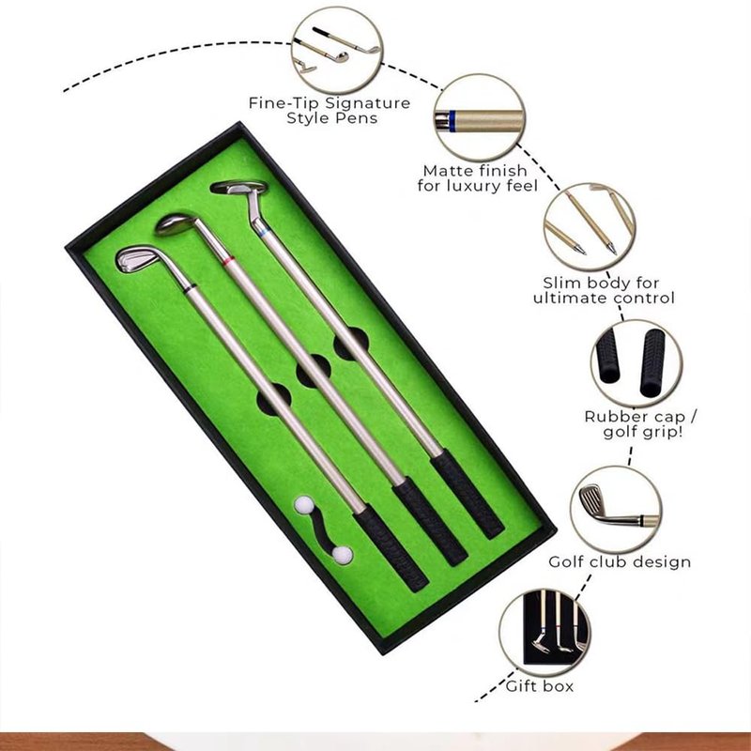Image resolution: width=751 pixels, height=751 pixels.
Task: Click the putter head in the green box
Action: [x=239, y=187]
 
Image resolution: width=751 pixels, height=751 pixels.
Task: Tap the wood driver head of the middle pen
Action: [x=176, y=224]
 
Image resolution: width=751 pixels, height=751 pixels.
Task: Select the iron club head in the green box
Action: [x=137, y=259]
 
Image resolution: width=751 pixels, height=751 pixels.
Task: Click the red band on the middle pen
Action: [x=228, y=262]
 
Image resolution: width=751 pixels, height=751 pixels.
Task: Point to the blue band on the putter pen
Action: [x=263, y=233]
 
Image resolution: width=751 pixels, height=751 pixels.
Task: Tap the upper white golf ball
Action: [x=303, y=505]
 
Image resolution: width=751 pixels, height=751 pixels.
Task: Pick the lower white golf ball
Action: [x=343, y=555]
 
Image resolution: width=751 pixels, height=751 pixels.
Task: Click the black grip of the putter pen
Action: [x=467, y=495]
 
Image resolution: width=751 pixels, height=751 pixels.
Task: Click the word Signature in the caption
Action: [x=368, y=103]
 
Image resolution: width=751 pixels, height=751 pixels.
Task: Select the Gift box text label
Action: [x=540, y=686]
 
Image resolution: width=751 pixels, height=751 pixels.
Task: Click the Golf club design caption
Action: [x=620, y=561]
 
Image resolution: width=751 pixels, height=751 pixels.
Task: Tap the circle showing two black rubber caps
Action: [x=636, y=363]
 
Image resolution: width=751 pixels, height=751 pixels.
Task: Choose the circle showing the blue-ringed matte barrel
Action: [x=480, y=118]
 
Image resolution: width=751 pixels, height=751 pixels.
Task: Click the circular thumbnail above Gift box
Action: [x=544, y=633]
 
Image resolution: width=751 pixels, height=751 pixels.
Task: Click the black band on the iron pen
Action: [x=191, y=288]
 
